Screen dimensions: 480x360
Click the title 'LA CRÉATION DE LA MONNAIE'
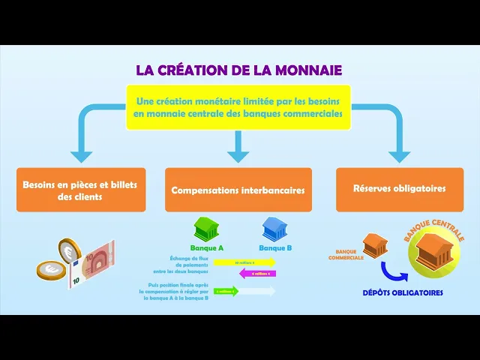tap(238, 70)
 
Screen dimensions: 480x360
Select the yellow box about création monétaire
tap(238, 107)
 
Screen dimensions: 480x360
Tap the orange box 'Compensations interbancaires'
tap(238, 190)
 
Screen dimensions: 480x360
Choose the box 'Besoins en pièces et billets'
tap(80, 190)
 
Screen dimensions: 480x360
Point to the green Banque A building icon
tap(206, 229)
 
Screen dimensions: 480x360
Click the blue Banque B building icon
tap(273, 229)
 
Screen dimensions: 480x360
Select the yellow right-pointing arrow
tap(244, 262)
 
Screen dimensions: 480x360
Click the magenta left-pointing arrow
tap(256, 274)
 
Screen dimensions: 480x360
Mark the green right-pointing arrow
tap(226, 291)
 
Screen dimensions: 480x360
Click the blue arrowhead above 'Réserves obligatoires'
tap(399, 155)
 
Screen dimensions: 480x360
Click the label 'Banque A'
tap(207, 247)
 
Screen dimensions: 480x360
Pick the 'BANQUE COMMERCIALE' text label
tap(346, 254)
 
